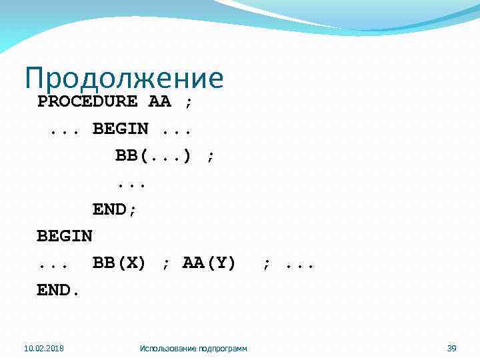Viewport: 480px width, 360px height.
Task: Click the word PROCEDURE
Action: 87,102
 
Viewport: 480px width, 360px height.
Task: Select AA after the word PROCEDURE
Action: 160,102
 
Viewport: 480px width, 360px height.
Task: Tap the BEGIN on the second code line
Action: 120,129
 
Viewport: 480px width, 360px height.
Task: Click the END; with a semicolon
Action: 115,209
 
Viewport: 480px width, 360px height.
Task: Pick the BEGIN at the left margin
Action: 65,236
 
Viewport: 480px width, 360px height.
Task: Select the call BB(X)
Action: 119,263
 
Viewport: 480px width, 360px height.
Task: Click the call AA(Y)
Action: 209,263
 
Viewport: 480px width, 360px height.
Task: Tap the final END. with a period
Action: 59,290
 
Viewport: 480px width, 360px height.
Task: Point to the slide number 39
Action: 451,348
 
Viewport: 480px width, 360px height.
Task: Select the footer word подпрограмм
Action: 223,348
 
